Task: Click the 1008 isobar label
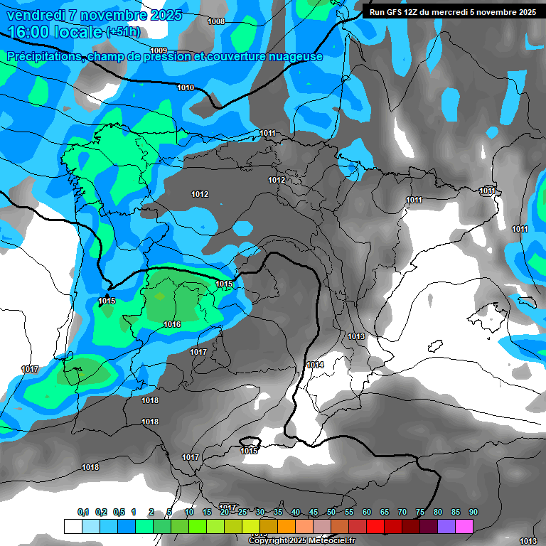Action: click(x=216, y=21)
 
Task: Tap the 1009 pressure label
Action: click(x=159, y=50)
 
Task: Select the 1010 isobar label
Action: click(x=186, y=87)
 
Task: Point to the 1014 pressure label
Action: click(x=315, y=365)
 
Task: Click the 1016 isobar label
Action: click(x=172, y=325)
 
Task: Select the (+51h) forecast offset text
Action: click(x=122, y=32)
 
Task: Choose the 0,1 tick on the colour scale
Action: click(x=82, y=513)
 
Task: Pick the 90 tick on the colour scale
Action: click(x=473, y=513)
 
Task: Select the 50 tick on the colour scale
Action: click(x=331, y=513)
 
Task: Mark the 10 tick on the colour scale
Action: click(x=189, y=513)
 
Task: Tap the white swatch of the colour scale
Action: click(x=73, y=526)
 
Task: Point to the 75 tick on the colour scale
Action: click(x=420, y=513)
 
